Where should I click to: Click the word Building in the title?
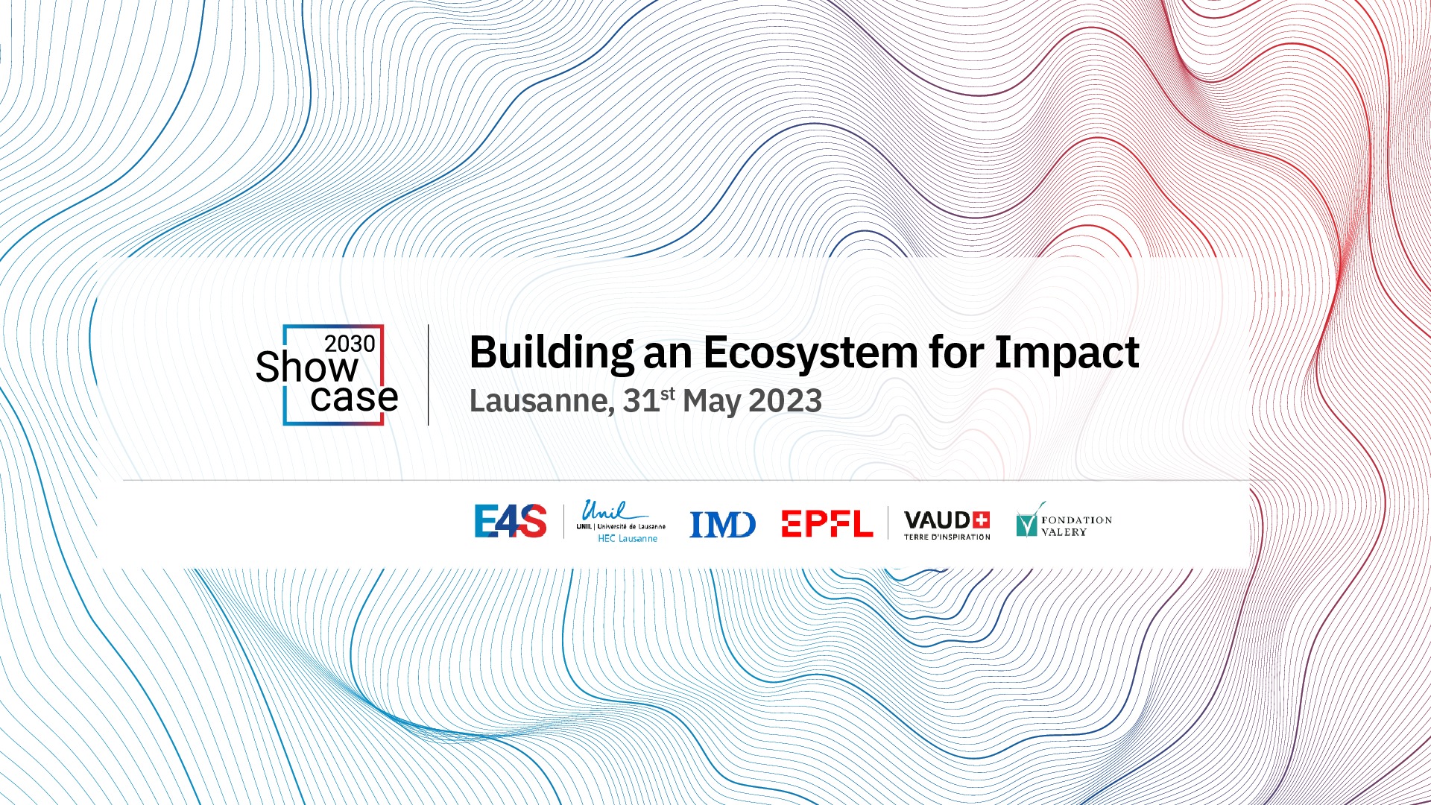click(552, 353)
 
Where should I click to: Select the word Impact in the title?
click(1067, 353)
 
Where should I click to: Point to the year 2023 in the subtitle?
click(785, 401)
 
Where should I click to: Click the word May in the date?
click(712, 402)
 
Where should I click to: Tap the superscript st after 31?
click(668, 394)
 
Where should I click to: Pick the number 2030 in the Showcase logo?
click(350, 344)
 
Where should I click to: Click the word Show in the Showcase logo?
click(307, 367)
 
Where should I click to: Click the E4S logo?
click(511, 521)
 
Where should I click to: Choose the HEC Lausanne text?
click(628, 538)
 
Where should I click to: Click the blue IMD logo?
click(722, 524)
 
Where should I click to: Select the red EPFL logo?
click(827, 523)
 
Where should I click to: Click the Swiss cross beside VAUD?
click(982, 520)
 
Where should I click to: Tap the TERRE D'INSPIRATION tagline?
click(947, 537)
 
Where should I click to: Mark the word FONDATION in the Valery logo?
click(1077, 520)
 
